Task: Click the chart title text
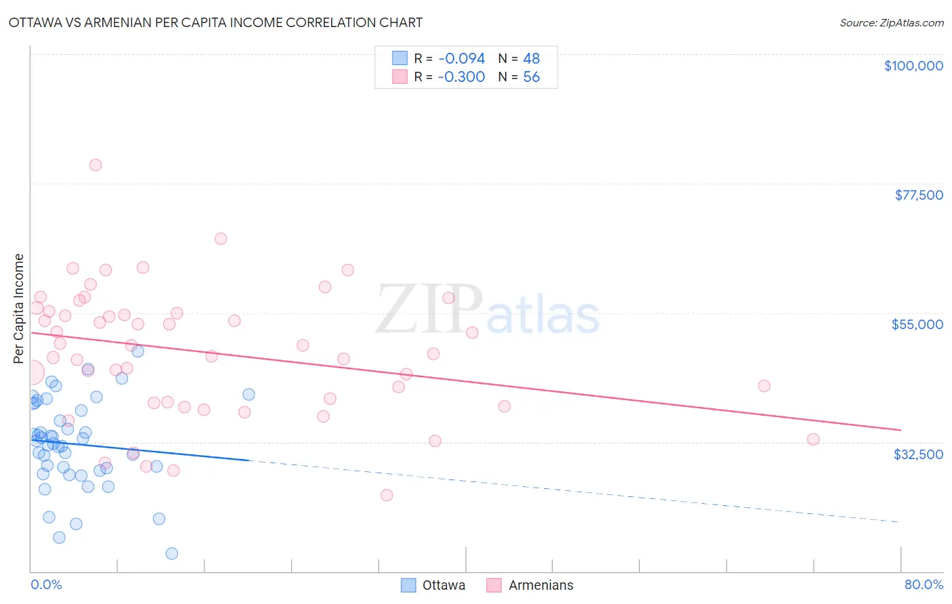[x=215, y=22]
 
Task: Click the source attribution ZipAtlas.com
[x=891, y=22]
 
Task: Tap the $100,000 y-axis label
[x=913, y=66]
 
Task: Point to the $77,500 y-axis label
[x=918, y=195]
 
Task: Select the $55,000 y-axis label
[x=917, y=324]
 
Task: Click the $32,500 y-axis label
[x=917, y=454]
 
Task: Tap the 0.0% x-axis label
[x=46, y=584]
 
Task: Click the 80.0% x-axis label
[x=923, y=584]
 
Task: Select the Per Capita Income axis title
[x=19, y=308]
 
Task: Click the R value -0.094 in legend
[x=461, y=59]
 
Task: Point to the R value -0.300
[x=461, y=77]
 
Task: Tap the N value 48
[x=531, y=59]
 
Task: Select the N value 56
[x=531, y=77]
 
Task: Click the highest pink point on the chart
[x=95, y=165]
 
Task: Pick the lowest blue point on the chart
[x=172, y=553]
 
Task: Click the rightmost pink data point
[x=813, y=439]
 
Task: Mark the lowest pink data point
[x=387, y=495]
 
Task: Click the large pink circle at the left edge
[x=32, y=372]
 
